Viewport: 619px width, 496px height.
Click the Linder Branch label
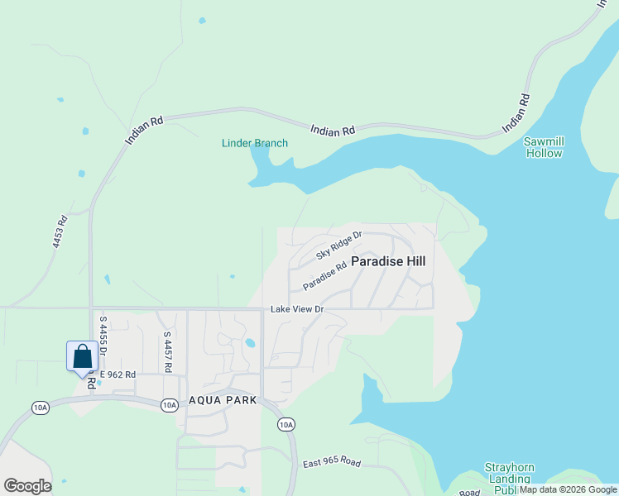pos(255,143)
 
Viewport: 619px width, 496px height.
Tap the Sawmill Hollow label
pos(544,147)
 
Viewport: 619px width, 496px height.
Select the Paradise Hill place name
pos(388,261)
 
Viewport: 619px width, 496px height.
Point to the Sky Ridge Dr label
pos(339,245)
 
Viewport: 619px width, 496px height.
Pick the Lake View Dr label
pos(296,309)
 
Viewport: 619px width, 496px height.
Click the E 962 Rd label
pos(117,374)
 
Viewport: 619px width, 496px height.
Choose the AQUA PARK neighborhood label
pos(223,400)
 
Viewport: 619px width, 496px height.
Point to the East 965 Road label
pos(331,463)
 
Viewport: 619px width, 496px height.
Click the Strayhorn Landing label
pos(508,474)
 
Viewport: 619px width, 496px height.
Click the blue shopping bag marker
pos(82,357)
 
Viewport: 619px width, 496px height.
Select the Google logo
pos(27,486)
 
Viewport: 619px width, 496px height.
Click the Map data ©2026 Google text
pos(568,490)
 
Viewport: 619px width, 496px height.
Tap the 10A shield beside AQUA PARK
pos(169,404)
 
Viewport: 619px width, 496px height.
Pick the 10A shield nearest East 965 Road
pos(286,425)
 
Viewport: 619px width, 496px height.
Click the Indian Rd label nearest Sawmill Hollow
pos(515,115)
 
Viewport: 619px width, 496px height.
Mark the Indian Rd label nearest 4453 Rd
pos(146,131)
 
